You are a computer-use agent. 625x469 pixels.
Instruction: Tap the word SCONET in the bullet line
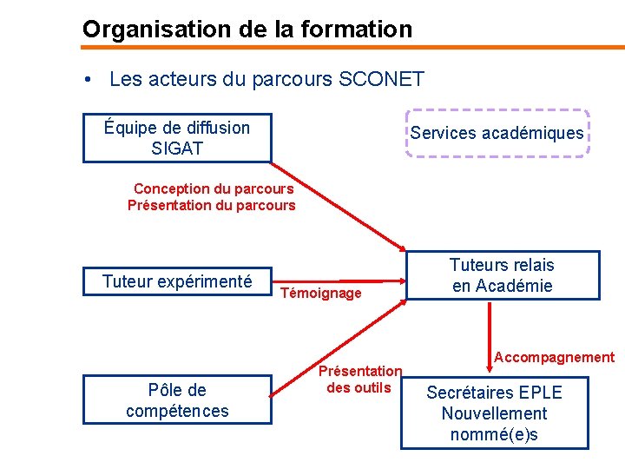381,80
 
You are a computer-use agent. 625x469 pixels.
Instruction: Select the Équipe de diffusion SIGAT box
177,138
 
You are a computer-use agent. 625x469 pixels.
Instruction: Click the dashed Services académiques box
497,133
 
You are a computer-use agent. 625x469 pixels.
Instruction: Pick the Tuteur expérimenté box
177,281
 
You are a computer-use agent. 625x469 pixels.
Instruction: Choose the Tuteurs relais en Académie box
503,275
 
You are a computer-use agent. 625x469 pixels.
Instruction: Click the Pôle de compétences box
177,400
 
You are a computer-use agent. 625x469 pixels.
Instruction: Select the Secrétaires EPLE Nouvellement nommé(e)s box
495,413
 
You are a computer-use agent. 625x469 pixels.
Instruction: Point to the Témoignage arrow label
321,294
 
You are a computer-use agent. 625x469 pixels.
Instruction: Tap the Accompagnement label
554,357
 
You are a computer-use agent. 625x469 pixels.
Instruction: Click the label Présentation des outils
359,380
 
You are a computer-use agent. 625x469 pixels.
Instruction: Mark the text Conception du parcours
214,188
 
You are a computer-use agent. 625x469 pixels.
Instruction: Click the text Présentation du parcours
212,206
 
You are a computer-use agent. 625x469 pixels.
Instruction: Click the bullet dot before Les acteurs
89,81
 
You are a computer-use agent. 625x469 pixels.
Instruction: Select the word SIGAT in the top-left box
177,149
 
